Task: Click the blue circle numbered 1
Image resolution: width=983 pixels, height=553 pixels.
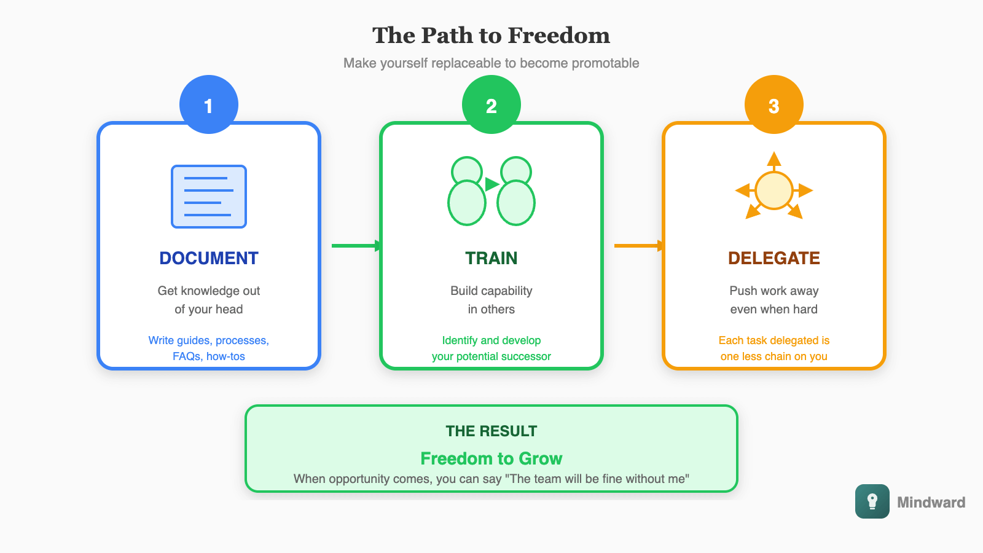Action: pyautogui.click(x=209, y=104)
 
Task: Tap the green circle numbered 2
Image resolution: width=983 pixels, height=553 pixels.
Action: pyautogui.click(x=491, y=104)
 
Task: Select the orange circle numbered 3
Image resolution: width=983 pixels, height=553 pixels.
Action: pyautogui.click(x=774, y=104)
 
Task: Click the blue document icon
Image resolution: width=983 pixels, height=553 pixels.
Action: pyautogui.click(x=209, y=197)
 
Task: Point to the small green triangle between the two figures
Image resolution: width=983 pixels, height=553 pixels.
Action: pyautogui.click(x=491, y=184)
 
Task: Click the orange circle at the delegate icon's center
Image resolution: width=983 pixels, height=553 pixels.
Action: pyautogui.click(x=774, y=190)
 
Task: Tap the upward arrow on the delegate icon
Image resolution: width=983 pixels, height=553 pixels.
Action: pyautogui.click(x=774, y=160)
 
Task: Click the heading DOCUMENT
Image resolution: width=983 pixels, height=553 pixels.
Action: pyautogui.click(x=209, y=258)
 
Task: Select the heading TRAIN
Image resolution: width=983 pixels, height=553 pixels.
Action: pyautogui.click(x=491, y=258)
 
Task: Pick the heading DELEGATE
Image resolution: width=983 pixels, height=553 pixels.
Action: pyautogui.click(x=774, y=258)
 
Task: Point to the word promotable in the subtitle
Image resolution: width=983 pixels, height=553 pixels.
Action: pyautogui.click(x=605, y=63)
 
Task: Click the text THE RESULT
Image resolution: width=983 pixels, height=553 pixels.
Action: pyautogui.click(x=491, y=431)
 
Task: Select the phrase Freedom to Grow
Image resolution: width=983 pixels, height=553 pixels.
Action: pyautogui.click(x=491, y=458)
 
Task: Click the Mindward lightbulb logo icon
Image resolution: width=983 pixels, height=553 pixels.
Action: pyautogui.click(x=872, y=501)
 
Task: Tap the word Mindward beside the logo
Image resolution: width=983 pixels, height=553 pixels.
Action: pyautogui.click(x=931, y=503)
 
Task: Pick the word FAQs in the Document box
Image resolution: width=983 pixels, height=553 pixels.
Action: pyautogui.click(x=186, y=356)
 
